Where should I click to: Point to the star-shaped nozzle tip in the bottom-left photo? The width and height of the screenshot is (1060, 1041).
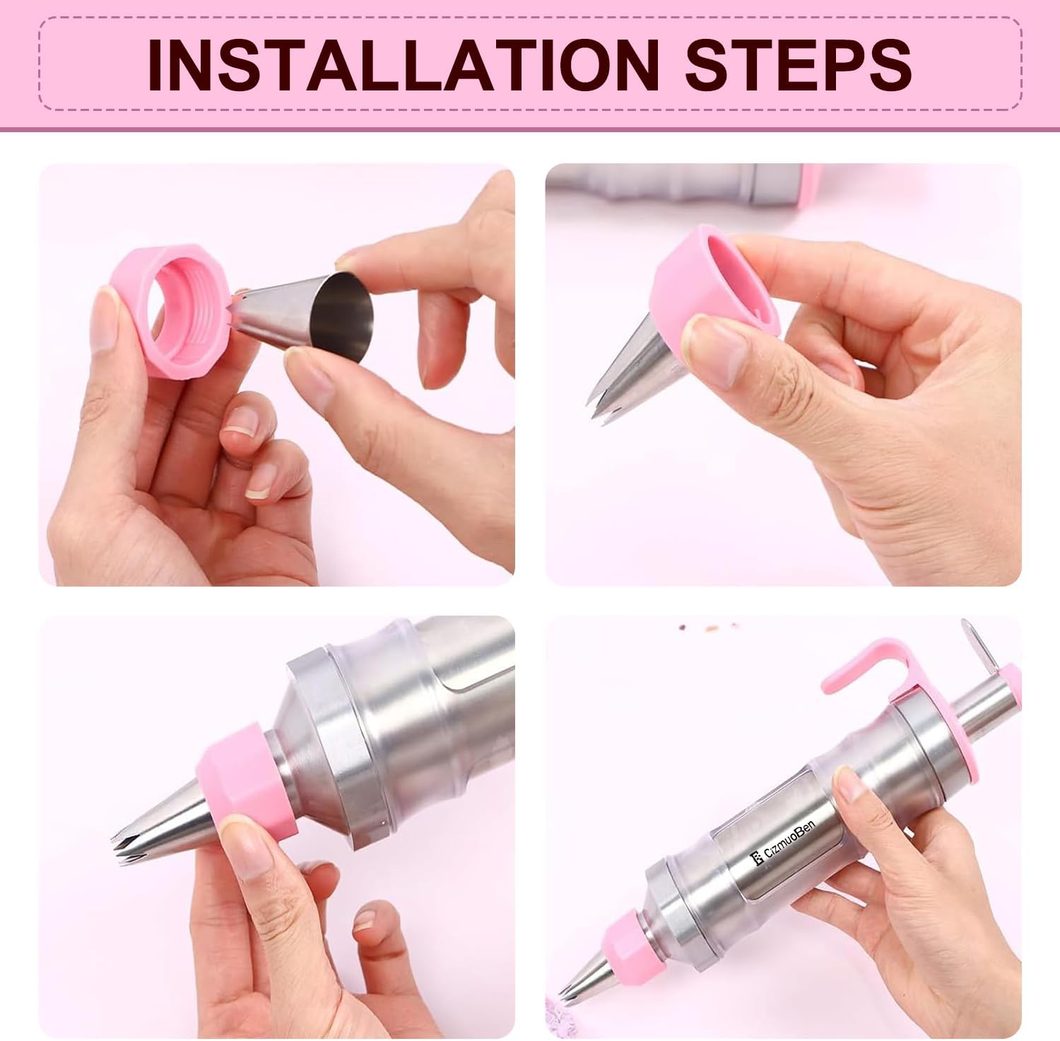pyautogui.click(x=127, y=849)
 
